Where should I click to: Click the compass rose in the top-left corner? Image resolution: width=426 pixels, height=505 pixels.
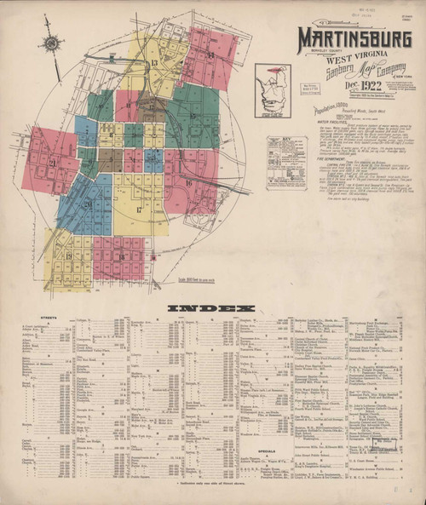click(53, 43)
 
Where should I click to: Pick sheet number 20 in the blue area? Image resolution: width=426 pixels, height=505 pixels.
click(88, 204)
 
